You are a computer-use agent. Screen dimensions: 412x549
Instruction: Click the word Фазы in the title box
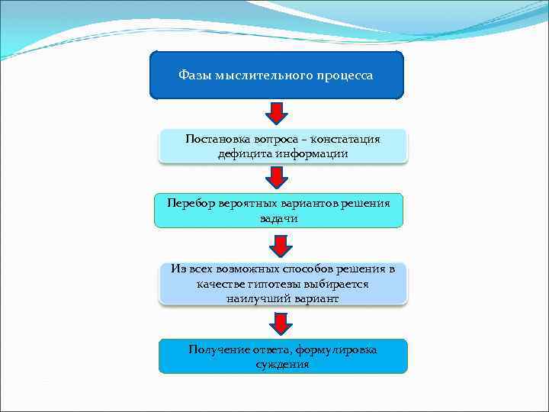click(194, 76)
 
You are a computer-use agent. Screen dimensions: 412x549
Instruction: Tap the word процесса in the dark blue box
click(345, 76)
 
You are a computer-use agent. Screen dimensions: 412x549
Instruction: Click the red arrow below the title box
click(276, 113)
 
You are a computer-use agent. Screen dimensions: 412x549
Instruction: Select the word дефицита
click(242, 153)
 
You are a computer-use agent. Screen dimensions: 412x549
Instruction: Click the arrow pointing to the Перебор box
click(276, 177)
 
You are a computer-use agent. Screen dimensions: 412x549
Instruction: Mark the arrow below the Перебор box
click(281, 246)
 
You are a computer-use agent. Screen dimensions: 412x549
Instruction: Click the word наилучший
click(257, 298)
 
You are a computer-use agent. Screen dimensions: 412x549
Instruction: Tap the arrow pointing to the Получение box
click(281, 323)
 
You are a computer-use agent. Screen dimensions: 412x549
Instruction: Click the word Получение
click(219, 349)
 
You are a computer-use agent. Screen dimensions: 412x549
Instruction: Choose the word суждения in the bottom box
click(283, 364)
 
